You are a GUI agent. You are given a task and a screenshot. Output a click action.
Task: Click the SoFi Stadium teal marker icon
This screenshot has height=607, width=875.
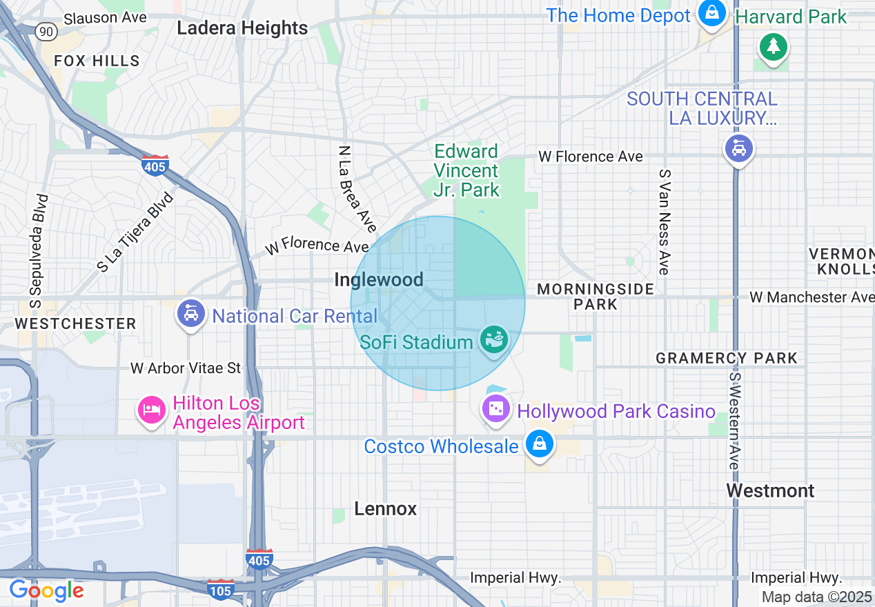pyautogui.click(x=495, y=339)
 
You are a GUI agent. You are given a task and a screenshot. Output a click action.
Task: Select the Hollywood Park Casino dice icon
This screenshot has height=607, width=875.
pyautogui.click(x=495, y=409)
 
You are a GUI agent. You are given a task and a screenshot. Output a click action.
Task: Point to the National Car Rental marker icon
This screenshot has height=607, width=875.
pyautogui.click(x=191, y=314)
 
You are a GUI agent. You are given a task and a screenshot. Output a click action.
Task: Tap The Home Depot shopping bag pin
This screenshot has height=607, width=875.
pyautogui.click(x=710, y=12)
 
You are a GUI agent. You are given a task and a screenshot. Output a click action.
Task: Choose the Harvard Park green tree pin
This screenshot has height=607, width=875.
pyautogui.click(x=773, y=48)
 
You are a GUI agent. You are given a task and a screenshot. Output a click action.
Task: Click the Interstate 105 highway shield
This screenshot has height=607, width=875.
pyautogui.click(x=220, y=588)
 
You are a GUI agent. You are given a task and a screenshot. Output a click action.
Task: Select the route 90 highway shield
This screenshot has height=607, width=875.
pyautogui.click(x=46, y=31)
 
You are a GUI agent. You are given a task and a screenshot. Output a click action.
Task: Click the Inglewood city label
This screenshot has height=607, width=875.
pyautogui.click(x=378, y=279)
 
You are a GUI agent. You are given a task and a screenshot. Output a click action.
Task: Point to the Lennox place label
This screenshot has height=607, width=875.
pyautogui.click(x=386, y=509)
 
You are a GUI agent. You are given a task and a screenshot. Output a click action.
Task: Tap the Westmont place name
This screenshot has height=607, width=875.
pyautogui.click(x=770, y=491)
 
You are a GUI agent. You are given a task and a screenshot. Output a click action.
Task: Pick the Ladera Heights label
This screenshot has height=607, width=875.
pyautogui.click(x=242, y=28)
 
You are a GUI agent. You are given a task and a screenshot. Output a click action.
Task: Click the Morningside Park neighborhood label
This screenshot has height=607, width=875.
pyautogui.click(x=596, y=296)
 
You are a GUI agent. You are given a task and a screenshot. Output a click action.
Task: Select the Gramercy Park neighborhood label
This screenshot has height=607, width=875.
pyautogui.click(x=726, y=358)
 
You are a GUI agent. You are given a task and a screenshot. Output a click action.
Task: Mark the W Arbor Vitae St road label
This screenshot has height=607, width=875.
pyautogui.click(x=186, y=368)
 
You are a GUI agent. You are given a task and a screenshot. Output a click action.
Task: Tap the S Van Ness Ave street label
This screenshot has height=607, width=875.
pyautogui.click(x=665, y=222)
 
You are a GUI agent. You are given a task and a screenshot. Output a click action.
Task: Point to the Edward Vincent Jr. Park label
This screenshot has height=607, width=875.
pyautogui.click(x=466, y=170)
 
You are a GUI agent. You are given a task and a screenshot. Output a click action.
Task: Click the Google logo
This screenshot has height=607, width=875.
pyautogui.click(x=46, y=590)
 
